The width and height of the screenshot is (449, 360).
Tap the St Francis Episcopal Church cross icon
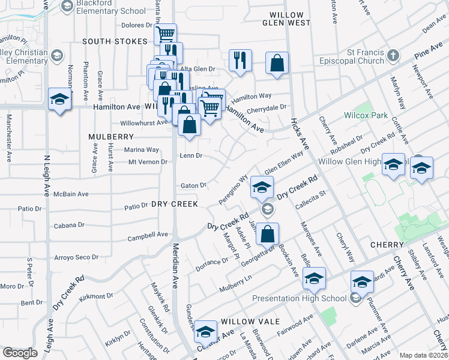point(393,56)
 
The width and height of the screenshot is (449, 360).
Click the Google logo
point(20,353)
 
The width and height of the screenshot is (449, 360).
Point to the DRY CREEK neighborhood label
point(175,204)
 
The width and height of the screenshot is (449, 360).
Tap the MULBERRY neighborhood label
point(110,137)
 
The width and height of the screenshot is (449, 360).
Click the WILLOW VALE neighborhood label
point(250,322)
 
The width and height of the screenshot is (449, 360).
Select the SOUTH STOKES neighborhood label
point(115,41)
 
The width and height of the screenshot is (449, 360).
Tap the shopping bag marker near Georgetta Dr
point(268,234)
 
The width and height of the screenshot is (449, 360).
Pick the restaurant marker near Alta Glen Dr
point(240,61)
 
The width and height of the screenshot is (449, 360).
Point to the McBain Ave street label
point(71,194)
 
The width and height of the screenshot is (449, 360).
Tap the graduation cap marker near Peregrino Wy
point(262,187)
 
